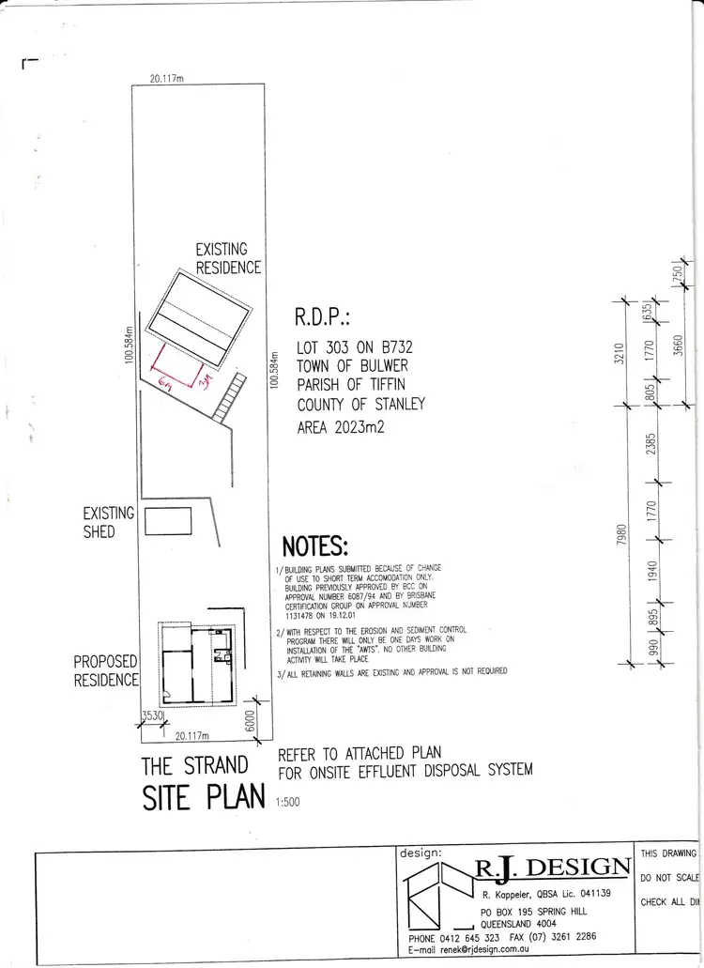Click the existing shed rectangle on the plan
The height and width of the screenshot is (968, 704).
169,521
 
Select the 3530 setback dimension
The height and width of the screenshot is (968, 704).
152,716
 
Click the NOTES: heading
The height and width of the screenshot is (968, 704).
314,545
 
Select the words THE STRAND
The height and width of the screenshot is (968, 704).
194,766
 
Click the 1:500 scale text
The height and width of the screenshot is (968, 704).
289,802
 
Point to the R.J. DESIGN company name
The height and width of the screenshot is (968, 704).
551,866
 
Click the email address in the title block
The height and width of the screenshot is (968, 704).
503,950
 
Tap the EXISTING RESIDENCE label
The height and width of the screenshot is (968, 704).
227,258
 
